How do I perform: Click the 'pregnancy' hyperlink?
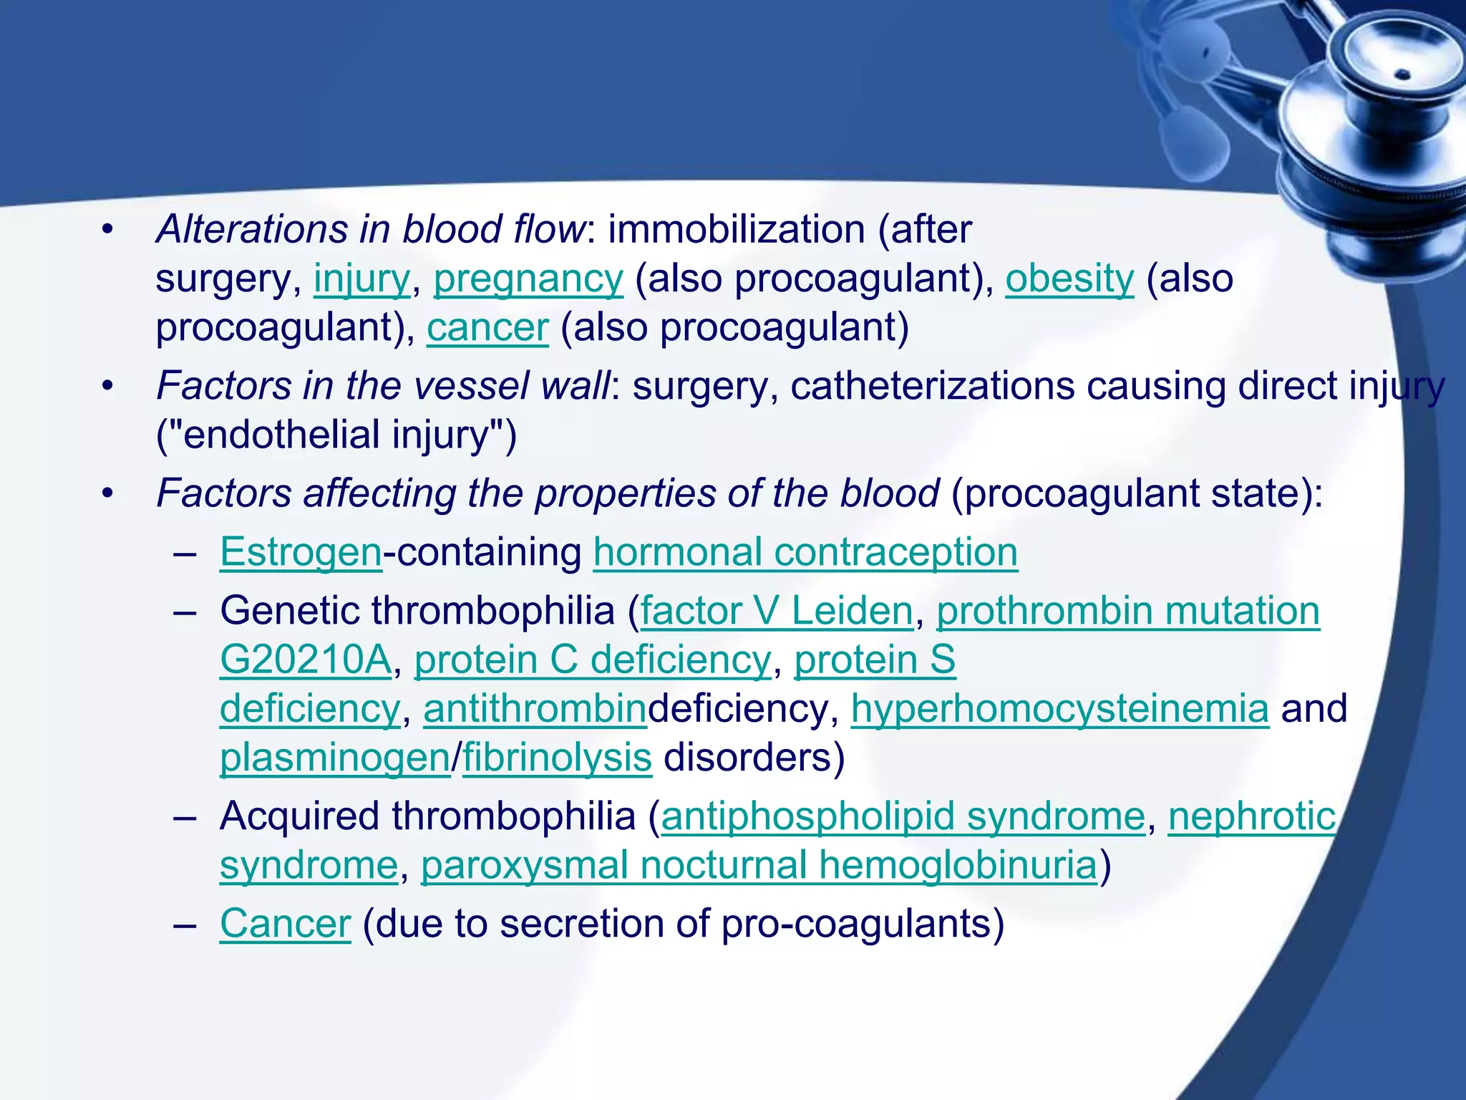click(x=528, y=279)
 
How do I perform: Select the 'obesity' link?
click(x=1069, y=279)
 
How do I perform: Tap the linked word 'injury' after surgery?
click(x=361, y=279)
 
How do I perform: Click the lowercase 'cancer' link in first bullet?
click(x=487, y=328)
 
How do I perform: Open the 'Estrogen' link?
click(x=301, y=553)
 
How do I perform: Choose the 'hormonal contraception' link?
click(x=805, y=553)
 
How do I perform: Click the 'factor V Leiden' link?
click(x=777, y=612)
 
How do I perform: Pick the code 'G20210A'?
click(x=306, y=660)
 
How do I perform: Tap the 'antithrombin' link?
click(x=535, y=709)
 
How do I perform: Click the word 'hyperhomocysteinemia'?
click(x=1059, y=709)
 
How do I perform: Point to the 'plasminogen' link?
click(x=334, y=758)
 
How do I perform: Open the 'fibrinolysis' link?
click(x=557, y=758)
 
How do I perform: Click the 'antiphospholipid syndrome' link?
click(x=903, y=816)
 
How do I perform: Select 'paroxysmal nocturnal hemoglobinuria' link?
click(x=759, y=865)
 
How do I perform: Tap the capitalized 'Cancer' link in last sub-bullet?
click(x=285, y=924)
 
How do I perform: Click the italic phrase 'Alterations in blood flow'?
click(x=371, y=230)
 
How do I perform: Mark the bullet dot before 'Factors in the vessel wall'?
click(x=107, y=387)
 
